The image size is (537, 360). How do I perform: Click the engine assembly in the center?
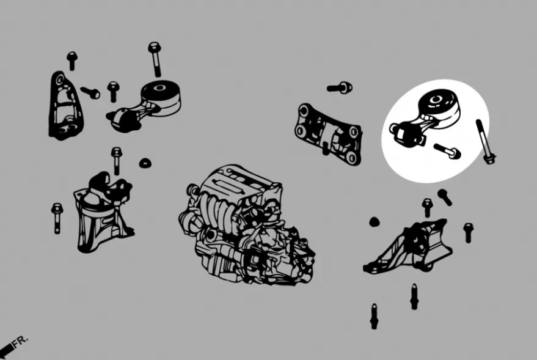coord(247,224)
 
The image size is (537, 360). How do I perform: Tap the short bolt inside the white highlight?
coord(447,151)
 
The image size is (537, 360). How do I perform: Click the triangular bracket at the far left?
coord(66,106)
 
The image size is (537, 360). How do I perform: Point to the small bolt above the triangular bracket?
coord(72,61)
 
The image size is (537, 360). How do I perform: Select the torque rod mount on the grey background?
coord(144,106)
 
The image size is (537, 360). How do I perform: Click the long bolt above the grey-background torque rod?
coord(155,59)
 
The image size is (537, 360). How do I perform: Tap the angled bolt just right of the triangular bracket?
coord(90,92)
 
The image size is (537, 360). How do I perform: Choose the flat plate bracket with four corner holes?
coord(327,134)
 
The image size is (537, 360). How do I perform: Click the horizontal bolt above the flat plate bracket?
coord(340,87)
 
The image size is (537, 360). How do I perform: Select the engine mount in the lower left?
coord(103,212)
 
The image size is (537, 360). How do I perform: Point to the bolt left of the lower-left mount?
coord(57,218)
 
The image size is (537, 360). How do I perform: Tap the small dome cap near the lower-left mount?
coord(145,163)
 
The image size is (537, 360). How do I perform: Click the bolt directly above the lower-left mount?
coord(117,161)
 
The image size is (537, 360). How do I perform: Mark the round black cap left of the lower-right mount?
coord(374,222)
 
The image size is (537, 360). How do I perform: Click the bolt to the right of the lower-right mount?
coord(468,233)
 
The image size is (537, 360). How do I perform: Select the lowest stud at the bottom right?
coord(374,317)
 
